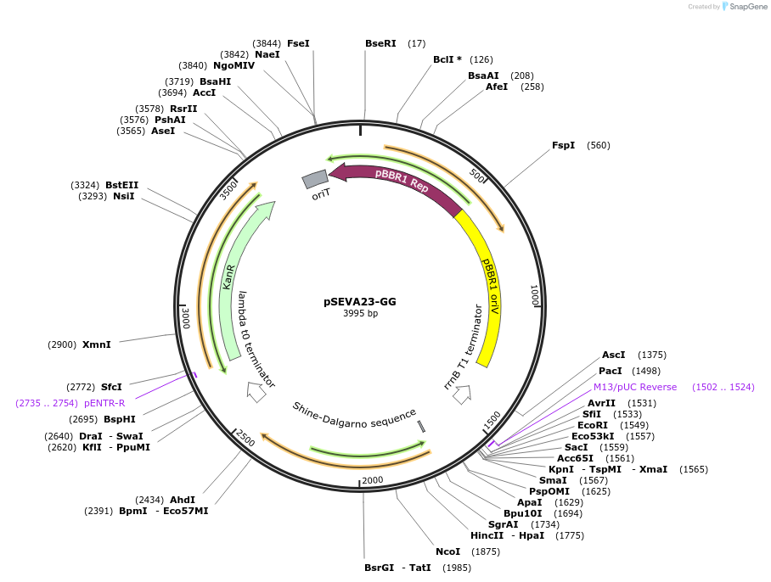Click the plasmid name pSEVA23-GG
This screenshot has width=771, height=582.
pyautogui.click(x=359, y=301)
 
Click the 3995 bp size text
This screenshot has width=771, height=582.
pyautogui.click(x=360, y=314)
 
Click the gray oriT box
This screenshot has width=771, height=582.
pyautogui.click(x=315, y=179)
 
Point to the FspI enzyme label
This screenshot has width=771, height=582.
pyautogui.click(x=563, y=145)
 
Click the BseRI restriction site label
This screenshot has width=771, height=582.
pyautogui.click(x=380, y=43)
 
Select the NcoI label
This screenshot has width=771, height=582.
pyautogui.click(x=447, y=551)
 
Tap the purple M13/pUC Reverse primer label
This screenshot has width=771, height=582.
pyautogui.click(x=635, y=387)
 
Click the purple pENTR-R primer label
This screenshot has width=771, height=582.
pyautogui.click(x=104, y=403)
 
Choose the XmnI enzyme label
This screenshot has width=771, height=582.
pyautogui.click(x=97, y=344)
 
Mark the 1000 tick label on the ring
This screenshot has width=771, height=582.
pyautogui.click(x=534, y=296)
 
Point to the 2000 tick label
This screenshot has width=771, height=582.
pyautogui.click(x=373, y=480)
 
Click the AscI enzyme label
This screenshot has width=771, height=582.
pyautogui.click(x=613, y=355)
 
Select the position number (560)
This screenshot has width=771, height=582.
pyautogui.click(x=598, y=145)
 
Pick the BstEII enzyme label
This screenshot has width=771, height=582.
pyautogui.click(x=122, y=185)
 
